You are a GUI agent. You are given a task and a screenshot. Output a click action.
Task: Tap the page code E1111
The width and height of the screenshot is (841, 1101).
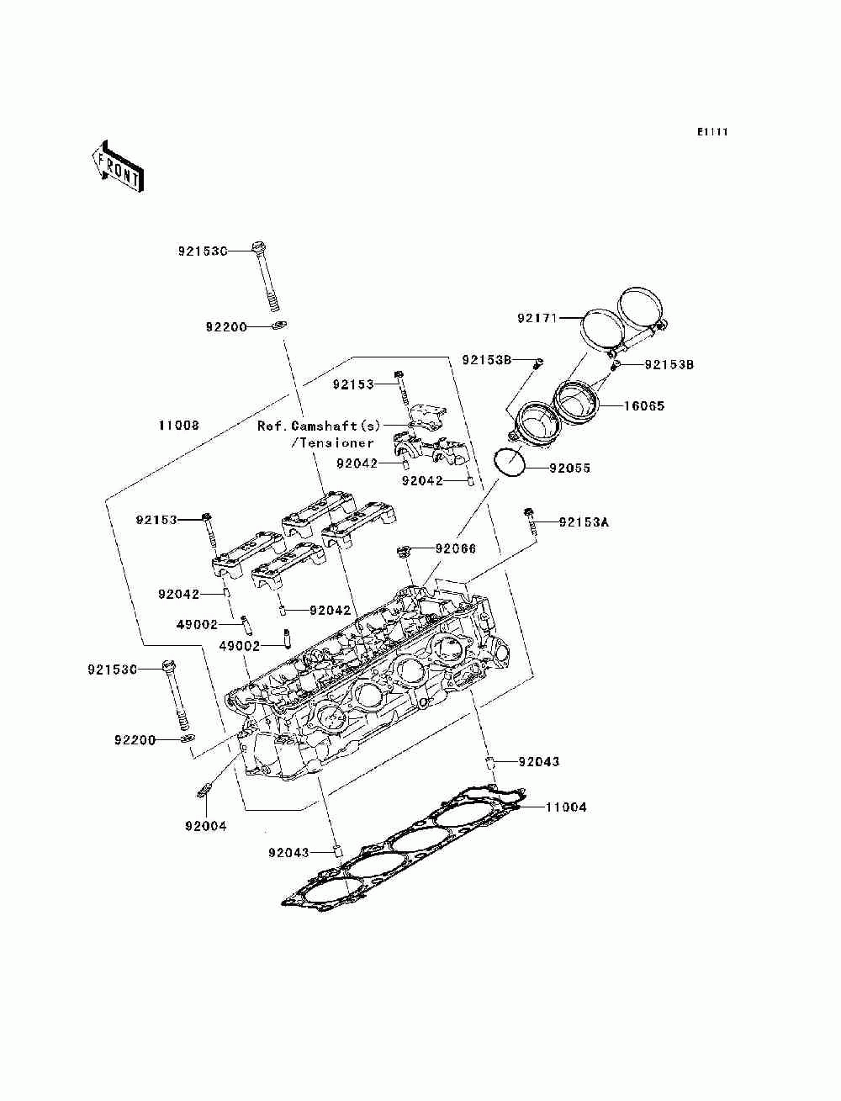[711, 132]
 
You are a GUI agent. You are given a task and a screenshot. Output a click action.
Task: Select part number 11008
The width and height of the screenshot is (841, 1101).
[179, 426]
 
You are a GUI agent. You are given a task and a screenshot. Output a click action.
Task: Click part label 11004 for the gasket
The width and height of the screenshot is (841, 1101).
[566, 807]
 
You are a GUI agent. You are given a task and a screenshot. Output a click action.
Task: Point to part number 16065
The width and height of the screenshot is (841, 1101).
[643, 405]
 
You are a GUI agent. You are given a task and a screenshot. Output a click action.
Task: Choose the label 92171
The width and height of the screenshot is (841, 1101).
[538, 318]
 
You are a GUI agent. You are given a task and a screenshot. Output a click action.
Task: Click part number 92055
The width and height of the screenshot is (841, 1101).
[569, 468]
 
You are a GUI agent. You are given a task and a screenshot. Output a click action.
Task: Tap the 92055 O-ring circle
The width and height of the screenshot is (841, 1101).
[508, 463]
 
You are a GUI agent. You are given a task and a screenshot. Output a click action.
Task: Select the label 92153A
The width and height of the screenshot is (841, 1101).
[584, 521]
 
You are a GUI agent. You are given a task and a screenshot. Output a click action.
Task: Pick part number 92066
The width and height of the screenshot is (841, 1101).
[456, 548]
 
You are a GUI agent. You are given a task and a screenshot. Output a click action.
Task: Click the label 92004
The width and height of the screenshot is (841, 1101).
[206, 826]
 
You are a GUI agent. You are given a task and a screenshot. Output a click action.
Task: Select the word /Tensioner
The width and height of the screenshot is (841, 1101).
[331, 442]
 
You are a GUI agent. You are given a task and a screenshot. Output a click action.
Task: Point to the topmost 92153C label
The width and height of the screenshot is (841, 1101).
[203, 251]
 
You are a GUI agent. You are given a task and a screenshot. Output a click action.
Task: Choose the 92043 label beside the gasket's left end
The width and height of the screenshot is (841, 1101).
[290, 853]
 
